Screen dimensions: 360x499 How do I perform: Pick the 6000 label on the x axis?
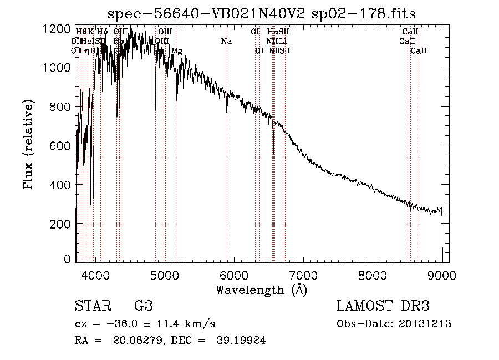click(233, 275)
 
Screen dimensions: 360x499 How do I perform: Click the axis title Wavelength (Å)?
click(261, 290)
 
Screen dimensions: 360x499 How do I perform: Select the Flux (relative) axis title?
click(28, 144)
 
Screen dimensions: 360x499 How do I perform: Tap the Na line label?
click(226, 41)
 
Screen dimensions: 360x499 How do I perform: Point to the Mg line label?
click(176, 51)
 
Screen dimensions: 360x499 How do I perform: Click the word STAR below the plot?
click(91, 306)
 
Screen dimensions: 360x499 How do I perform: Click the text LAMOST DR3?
click(383, 306)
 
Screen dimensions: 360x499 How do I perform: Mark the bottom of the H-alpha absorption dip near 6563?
click(273, 153)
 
